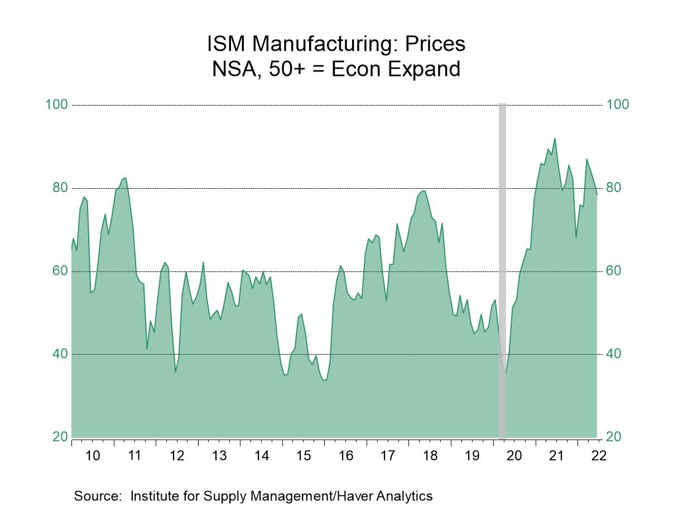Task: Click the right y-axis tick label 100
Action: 617,104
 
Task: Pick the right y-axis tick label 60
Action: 613,271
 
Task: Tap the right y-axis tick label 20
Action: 613,437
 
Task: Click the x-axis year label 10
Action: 93,455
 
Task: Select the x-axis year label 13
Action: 219,455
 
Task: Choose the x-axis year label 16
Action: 346,455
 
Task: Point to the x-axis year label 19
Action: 472,455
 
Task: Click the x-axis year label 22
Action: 599,455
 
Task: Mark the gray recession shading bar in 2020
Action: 502,268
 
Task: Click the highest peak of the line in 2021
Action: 555,139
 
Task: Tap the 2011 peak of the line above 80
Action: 126,178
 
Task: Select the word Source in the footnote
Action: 97,495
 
